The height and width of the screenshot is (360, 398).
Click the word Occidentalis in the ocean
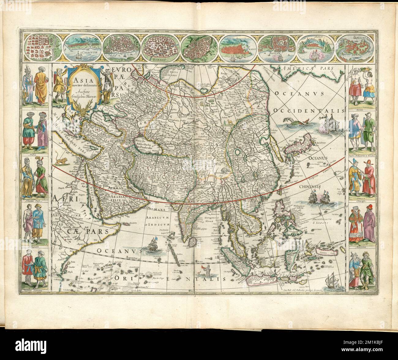pyautogui.click(x=309, y=111)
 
